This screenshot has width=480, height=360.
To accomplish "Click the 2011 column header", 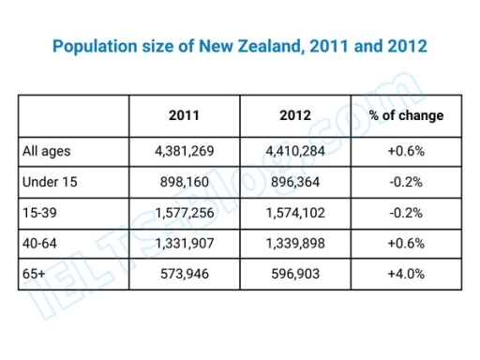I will [184, 116].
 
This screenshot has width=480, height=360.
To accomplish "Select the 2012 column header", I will [294, 116].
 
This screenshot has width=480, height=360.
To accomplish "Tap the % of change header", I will [406, 116].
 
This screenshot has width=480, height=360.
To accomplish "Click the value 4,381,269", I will [184, 150].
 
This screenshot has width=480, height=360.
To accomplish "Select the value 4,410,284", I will [294, 150].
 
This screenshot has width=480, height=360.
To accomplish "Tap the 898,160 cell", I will [184, 181].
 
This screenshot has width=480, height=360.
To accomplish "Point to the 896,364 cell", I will [294, 181].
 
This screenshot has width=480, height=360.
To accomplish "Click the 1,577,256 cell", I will [184, 213].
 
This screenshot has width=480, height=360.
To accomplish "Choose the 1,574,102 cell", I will [294, 213].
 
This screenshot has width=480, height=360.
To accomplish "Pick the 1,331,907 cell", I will [184, 244].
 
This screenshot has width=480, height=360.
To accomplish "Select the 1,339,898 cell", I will [294, 244].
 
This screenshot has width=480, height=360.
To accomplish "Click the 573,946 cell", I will [184, 275].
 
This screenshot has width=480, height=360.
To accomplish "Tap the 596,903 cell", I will [294, 275].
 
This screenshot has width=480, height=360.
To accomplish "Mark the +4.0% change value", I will [406, 275].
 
